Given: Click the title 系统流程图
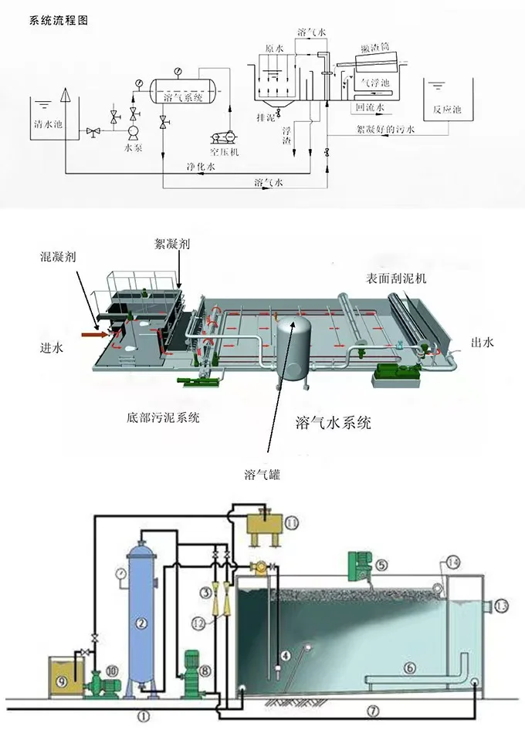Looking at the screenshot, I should [x=59, y=21].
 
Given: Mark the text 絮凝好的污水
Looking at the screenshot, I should [x=385, y=130].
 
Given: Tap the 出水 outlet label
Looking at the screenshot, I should [x=481, y=343].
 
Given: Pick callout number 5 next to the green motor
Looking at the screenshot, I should [x=381, y=565].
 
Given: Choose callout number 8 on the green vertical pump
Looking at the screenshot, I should [x=205, y=672].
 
